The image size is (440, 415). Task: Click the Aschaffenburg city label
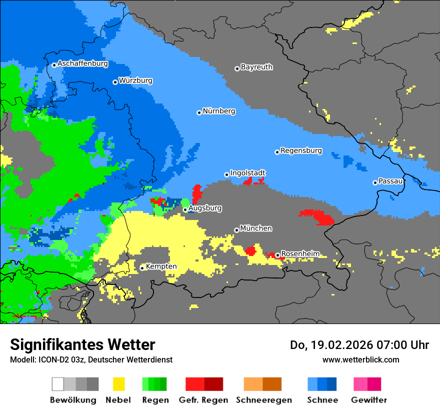[x=82, y=64]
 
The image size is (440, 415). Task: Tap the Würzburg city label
[x=135, y=80]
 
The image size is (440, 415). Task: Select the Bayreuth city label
[x=256, y=67]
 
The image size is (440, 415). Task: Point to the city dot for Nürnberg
[x=199, y=112]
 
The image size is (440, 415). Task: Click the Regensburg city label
[x=301, y=150]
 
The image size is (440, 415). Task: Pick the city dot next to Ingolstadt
[x=226, y=174]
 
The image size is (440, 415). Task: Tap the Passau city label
[x=390, y=181]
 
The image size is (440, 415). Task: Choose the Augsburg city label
[x=205, y=208]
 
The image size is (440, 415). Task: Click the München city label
[x=256, y=228]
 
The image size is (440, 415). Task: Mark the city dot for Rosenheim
[x=277, y=255]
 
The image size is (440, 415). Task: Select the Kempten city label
[x=161, y=266]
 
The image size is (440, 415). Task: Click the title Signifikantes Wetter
[x=82, y=344]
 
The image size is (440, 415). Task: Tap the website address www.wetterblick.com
[x=360, y=359]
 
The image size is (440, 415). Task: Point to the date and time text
[x=359, y=345]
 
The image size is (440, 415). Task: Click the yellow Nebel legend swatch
[x=118, y=384]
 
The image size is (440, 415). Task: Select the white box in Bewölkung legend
[x=58, y=384]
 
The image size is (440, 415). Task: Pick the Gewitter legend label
[x=369, y=400]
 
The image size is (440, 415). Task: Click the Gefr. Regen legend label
[x=203, y=400]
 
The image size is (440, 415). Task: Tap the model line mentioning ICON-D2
[x=91, y=359]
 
